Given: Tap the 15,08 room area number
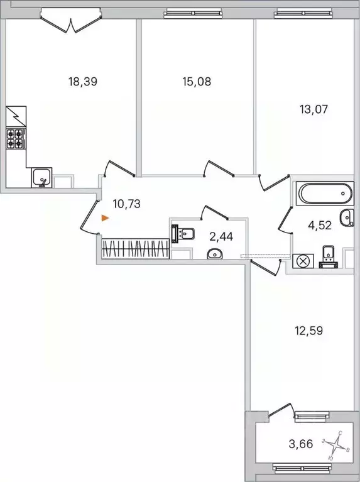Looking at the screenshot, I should click(x=194, y=81).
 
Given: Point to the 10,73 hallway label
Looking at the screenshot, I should click(x=126, y=203).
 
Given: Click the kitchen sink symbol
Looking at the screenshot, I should click(x=42, y=178).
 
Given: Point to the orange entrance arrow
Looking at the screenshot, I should click(x=106, y=218).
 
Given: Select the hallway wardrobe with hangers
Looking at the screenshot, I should click(x=134, y=248).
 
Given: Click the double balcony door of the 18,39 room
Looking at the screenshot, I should click(x=70, y=21).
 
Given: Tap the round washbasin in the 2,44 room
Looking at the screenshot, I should click(x=214, y=253).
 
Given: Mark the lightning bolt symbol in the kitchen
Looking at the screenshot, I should click(x=14, y=117).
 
